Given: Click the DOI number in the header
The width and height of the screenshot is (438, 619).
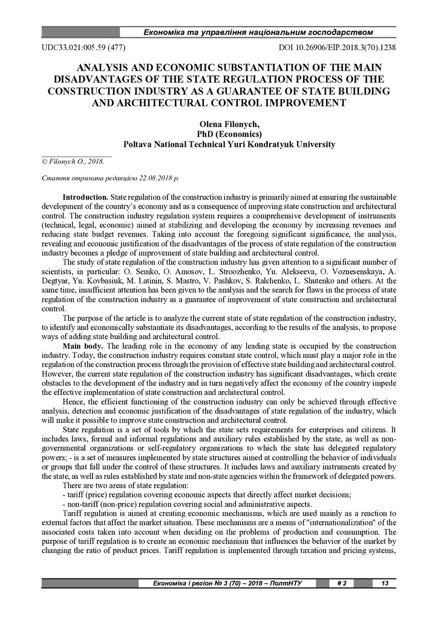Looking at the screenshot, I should pyautogui.click(x=336, y=47).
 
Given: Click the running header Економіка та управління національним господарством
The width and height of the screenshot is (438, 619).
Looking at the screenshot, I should pyautogui.click(x=257, y=31).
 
